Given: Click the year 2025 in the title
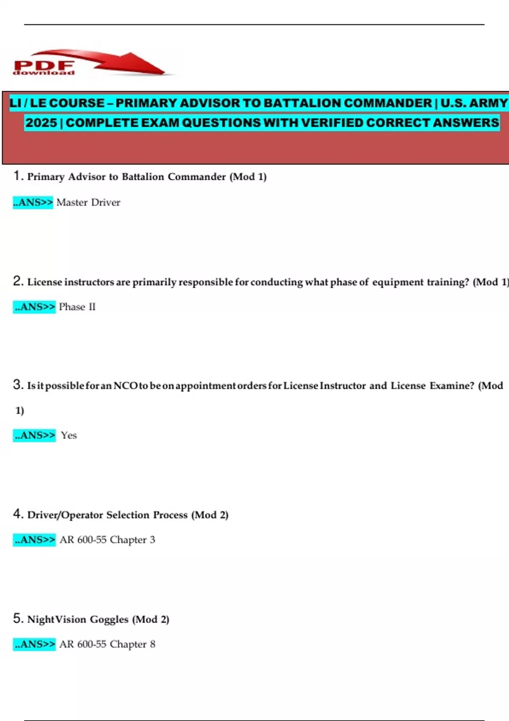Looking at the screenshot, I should click(41, 123).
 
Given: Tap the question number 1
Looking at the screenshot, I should click(17, 176).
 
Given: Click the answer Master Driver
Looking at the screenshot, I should click(88, 202).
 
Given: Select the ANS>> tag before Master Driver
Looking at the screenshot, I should click(33, 202).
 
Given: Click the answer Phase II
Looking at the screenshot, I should click(77, 307).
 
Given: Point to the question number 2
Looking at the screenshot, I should click(17, 281).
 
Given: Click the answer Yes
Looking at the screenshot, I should click(69, 435).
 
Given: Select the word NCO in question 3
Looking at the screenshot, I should click(125, 386).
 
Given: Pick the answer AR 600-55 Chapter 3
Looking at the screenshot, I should click(107, 539).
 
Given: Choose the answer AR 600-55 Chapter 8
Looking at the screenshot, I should click(107, 644).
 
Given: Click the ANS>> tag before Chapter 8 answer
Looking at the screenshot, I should click(34, 644).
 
